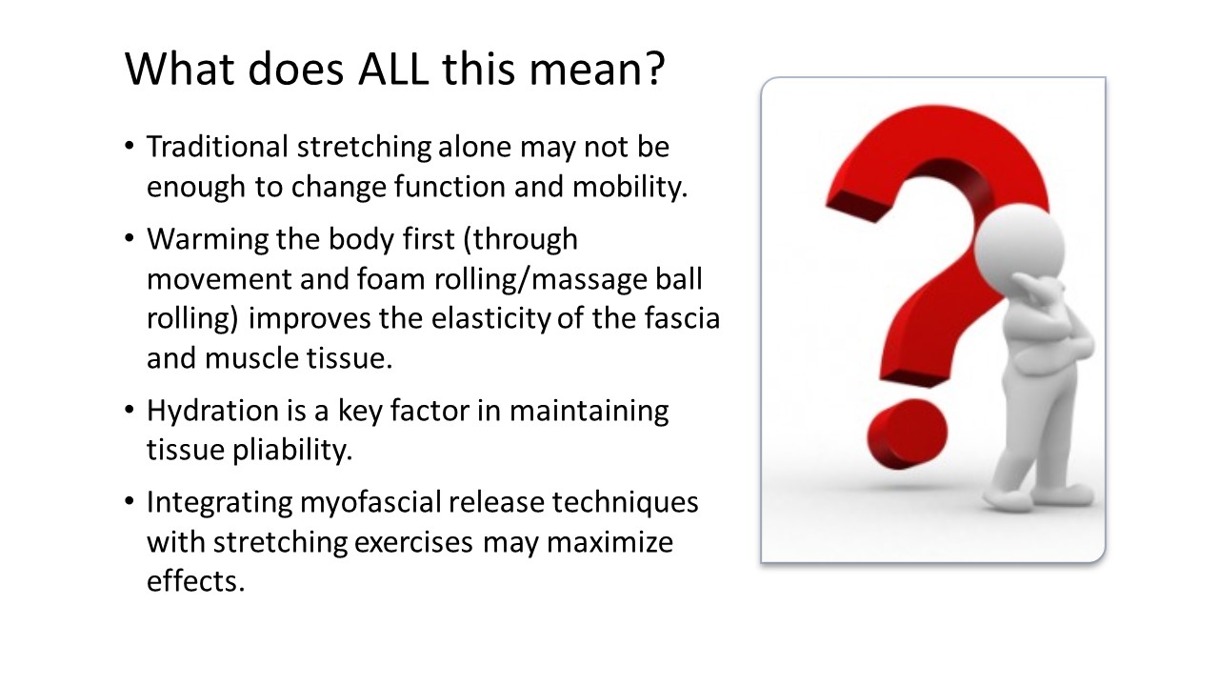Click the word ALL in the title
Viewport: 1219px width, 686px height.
click(x=393, y=70)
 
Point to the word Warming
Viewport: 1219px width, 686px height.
click(x=208, y=239)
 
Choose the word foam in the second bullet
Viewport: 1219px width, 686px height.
click(x=390, y=279)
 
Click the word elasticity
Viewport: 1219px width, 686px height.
click(x=491, y=318)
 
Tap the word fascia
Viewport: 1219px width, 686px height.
click(x=683, y=318)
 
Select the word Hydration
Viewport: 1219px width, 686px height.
click(x=212, y=411)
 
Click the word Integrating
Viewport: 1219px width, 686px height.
click(x=220, y=502)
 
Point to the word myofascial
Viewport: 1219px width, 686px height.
click(x=370, y=502)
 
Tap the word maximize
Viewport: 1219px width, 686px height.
click(x=609, y=542)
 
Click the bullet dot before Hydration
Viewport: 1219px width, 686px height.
click(x=129, y=410)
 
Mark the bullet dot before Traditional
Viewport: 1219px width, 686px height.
click(x=129, y=146)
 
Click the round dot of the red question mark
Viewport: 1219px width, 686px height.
click(x=907, y=434)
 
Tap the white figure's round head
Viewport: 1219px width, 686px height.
click(x=1019, y=246)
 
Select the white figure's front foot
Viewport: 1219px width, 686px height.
click(x=1009, y=500)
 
